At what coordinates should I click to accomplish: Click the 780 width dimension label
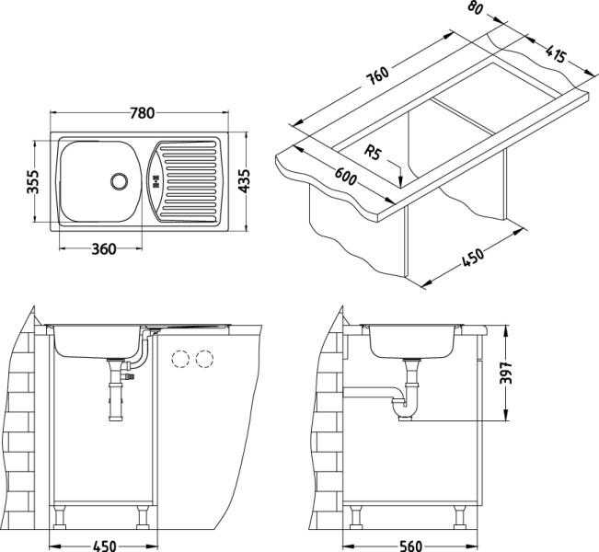[142, 113]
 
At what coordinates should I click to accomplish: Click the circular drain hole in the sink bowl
[119, 179]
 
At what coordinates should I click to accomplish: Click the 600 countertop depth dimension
[346, 177]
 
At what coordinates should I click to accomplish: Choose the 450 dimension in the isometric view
[471, 259]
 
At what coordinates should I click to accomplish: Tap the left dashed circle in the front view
[181, 358]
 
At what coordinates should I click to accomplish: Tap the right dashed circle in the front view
[204, 358]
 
